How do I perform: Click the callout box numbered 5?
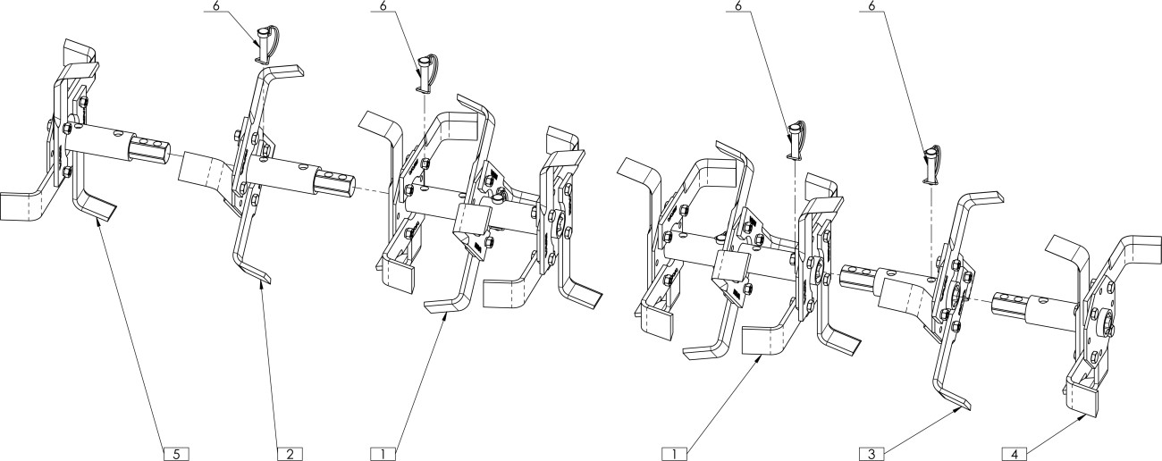pos(176,453)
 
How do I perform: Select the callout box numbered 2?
pos(289,453)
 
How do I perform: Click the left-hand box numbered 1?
pos(383,453)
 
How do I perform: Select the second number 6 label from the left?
pos(383,6)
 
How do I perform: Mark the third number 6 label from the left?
pos(737,6)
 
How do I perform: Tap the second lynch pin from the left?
pos(426,72)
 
